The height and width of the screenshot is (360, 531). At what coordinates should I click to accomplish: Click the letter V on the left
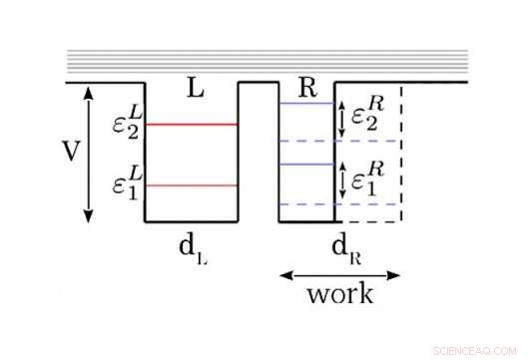tap(70, 152)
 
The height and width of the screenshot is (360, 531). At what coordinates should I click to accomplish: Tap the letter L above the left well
tap(197, 89)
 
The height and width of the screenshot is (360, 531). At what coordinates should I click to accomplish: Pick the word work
tap(339, 295)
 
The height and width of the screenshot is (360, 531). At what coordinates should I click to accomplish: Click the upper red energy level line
tap(191, 124)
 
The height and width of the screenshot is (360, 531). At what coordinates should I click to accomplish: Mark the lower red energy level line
tap(191, 185)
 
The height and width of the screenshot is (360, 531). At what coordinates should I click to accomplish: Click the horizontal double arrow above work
tap(339, 274)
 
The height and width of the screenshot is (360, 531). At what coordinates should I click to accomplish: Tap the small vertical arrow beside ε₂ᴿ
tap(344, 122)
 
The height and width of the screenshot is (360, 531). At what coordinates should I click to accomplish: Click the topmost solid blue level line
tap(305, 103)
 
